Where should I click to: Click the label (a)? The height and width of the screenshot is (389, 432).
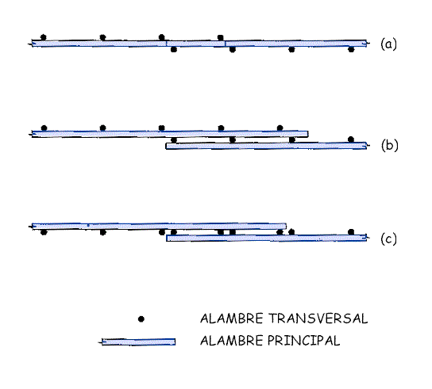click(388, 44)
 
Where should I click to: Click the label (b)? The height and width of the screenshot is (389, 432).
click(390, 145)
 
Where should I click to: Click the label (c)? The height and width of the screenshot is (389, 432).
click(388, 238)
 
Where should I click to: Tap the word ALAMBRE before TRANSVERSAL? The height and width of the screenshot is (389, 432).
click(231, 318)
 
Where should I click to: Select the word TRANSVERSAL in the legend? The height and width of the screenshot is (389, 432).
click(318, 318)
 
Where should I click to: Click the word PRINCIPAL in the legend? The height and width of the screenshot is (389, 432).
click(303, 341)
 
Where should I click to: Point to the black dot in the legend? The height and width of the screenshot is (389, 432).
click(141, 319)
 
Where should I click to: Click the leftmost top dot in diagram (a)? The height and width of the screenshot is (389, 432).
click(43, 37)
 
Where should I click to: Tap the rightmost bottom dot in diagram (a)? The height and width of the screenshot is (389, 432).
click(351, 49)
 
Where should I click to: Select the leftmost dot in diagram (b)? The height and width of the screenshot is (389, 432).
click(44, 128)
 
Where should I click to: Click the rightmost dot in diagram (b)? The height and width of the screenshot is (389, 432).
click(351, 139)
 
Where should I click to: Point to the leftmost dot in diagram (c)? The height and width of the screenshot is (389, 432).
click(44, 232)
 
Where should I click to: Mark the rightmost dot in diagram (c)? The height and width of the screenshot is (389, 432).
click(351, 232)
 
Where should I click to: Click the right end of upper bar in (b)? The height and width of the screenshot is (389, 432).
click(308, 134)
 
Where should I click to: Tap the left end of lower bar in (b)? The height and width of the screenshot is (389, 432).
click(166, 146)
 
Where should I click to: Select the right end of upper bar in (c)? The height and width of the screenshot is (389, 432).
click(286, 227)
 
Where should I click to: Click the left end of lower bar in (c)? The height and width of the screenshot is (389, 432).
click(167, 238)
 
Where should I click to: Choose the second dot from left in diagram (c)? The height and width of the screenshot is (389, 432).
click(102, 232)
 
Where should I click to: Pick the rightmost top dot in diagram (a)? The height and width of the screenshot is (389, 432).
click(221, 37)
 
